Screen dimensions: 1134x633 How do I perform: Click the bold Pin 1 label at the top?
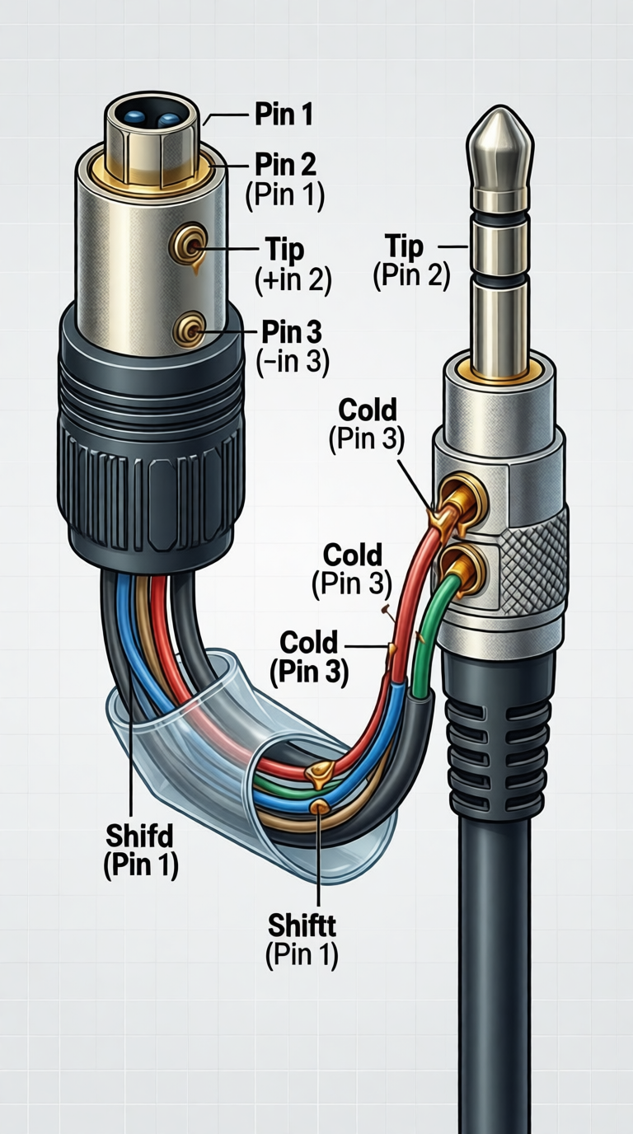283,115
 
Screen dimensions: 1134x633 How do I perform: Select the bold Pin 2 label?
285,164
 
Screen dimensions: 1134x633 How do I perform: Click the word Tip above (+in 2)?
284,249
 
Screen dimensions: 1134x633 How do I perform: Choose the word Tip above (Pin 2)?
404,246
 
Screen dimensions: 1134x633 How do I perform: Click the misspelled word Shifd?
140,836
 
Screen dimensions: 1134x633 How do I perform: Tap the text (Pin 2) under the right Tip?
411,276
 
